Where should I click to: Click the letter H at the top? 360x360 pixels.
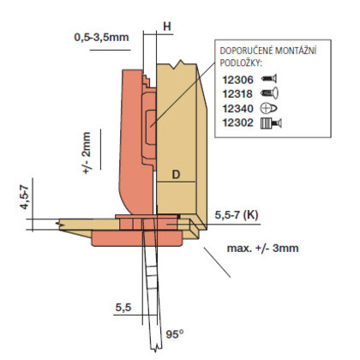(167, 27)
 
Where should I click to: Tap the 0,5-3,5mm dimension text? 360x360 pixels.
(101, 37)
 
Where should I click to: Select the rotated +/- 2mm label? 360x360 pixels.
(86, 153)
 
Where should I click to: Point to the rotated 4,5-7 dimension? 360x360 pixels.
(25, 197)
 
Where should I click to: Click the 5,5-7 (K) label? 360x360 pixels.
(237, 215)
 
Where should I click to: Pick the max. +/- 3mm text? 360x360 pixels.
(262, 248)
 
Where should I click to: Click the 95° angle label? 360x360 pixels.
(175, 334)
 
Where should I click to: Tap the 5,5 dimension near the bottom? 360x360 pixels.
(123, 308)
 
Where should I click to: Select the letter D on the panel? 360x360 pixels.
(177, 174)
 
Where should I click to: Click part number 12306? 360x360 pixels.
(237, 80)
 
